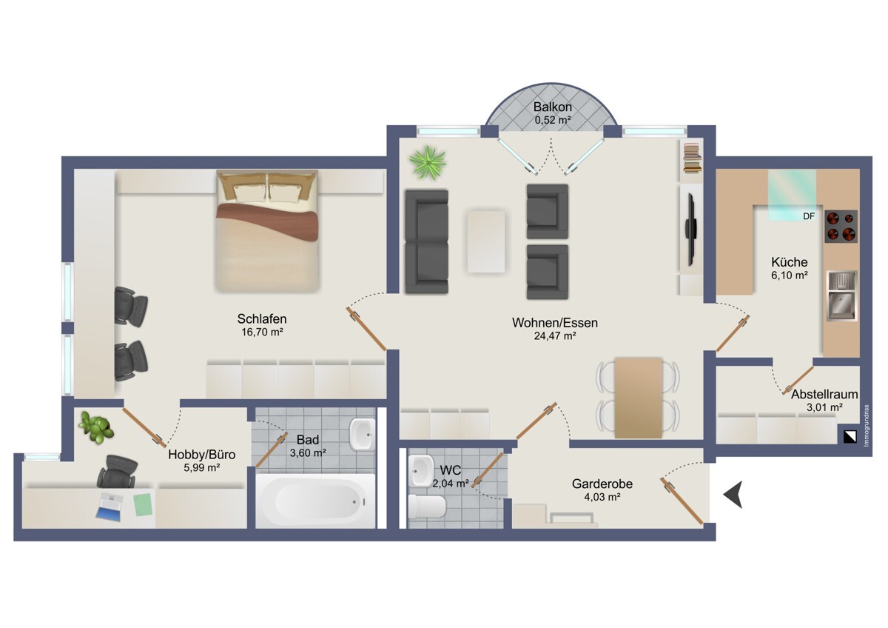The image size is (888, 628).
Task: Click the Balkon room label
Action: (x=552, y=107)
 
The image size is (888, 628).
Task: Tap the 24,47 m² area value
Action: (x=554, y=335)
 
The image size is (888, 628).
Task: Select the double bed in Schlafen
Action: (x=267, y=231)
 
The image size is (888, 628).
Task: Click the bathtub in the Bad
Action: (x=315, y=501)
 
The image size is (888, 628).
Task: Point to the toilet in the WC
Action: (x=428, y=507)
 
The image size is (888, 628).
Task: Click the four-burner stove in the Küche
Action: (x=841, y=226)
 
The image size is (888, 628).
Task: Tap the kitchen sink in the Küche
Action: (x=842, y=296)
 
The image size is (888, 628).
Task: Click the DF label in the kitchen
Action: (x=809, y=216)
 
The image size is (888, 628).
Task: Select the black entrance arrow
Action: (x=733, y=494)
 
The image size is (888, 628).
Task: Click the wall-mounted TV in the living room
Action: (x=691, y=230)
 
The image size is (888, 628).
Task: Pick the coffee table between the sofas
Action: (x=486, y=241)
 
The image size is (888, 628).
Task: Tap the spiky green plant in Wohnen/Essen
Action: (x=428, y=162)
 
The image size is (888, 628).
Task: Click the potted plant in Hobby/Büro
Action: (x=96, y=427)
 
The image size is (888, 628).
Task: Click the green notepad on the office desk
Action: (x=143, y=504)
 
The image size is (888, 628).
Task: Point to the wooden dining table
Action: (x=638, y=398)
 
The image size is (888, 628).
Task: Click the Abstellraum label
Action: (x=824, y=394)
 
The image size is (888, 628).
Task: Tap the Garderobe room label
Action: (x=602, y=484)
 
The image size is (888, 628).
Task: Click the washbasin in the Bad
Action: (x=362, y=435)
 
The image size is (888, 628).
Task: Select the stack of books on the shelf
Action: (x=693, y=158)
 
